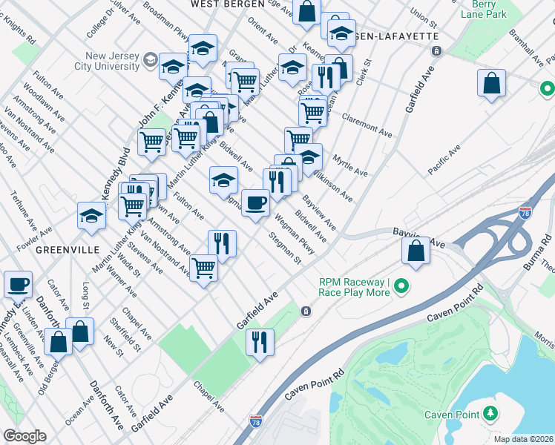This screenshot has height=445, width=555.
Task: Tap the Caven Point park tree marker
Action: [489, 414]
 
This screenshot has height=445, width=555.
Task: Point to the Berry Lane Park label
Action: [499, 8]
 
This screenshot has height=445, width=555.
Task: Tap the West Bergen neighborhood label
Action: [227, 4]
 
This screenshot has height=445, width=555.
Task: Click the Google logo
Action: [24, 436]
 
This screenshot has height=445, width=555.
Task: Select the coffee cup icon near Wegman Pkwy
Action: [256, 202]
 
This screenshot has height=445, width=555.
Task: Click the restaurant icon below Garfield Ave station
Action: [260, 342]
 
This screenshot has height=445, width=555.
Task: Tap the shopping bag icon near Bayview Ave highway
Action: [416, 250]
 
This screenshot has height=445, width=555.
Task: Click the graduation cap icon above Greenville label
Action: [92, 216]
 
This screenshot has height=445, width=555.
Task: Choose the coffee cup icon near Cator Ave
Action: [18, 283]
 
